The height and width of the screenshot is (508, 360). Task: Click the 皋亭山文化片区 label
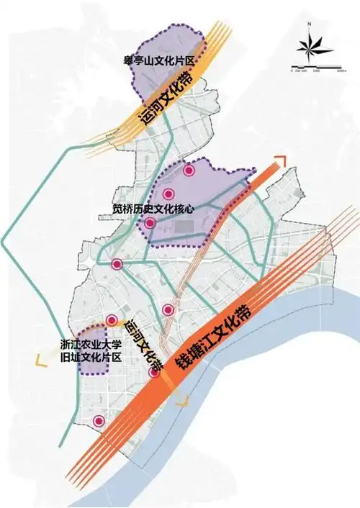159,61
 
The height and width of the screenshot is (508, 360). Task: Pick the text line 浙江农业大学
90,345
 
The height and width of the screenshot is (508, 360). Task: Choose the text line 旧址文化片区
90,358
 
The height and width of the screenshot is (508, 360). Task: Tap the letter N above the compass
308,26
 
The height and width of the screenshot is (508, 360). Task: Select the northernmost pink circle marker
189,171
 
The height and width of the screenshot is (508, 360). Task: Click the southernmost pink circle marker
99,421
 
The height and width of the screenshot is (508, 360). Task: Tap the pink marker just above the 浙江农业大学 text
112,321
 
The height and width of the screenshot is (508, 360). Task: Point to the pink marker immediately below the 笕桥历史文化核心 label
150,224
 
